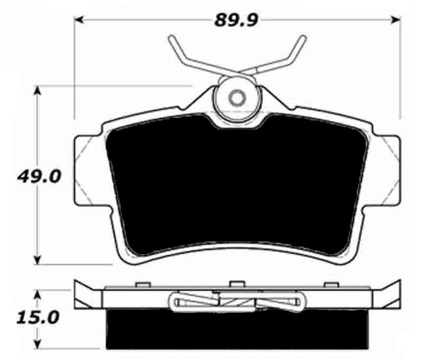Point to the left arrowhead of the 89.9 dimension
[78, 20]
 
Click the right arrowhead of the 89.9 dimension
[396, 20]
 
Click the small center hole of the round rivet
[237, 98]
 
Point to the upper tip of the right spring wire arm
[304, 38]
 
